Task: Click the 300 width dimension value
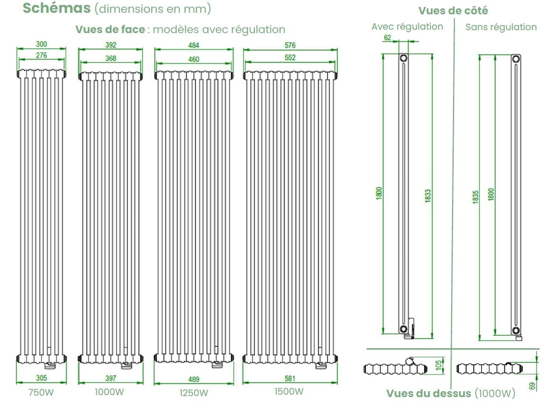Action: pos(42,44)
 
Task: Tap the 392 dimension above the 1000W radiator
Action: pos(111,45)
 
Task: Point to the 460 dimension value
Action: pos(194,59)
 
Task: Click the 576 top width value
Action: pos(290,45)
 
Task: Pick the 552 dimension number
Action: pos(290,58)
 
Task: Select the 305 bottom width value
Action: pos(42,378)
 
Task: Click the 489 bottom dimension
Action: pos(194,379)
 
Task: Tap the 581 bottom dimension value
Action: pos(290,379)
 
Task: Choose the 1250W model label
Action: pos(194,393)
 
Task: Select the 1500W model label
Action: pos(289,392)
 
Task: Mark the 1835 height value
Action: pos(475,195)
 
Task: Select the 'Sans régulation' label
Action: pos(501,27)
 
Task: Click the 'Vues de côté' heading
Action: pos(453,10)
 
